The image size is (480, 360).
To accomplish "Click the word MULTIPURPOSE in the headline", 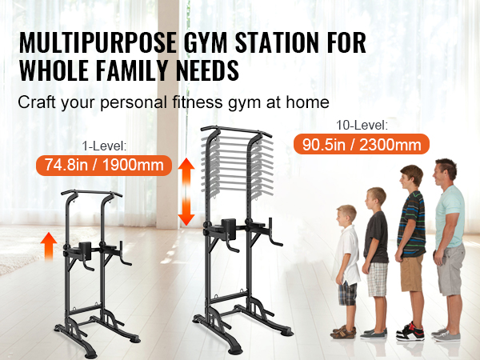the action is coord(98,42).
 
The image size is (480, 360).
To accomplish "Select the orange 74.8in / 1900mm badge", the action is coord(104,166).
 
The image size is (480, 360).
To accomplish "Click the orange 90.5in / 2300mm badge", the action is coord(362,144).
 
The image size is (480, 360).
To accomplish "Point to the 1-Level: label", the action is coord(104,146).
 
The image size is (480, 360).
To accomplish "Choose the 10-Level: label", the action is coord(362,126).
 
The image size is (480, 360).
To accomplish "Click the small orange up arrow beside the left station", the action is coord(49,246).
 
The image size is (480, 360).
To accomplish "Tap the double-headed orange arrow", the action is coord(186,192).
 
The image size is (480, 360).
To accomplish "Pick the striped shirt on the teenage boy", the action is coord(413,224).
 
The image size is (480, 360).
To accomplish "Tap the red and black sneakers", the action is coord(410,332).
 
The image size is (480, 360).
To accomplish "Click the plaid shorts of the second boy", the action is coord(377,279).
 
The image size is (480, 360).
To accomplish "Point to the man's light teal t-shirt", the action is coord(450,217).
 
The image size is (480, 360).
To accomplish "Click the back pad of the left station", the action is coord(85,250).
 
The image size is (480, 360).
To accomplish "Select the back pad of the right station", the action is coord(229,228).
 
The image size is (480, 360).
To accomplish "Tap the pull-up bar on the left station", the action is coord(91,194).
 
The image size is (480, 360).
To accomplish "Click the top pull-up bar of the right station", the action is coord(236,130).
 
